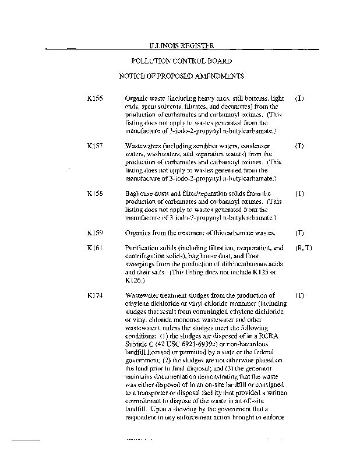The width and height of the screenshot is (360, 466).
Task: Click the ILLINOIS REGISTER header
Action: click(x=181, y=45)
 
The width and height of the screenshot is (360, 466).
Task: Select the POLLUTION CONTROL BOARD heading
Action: click(x=181, y=61)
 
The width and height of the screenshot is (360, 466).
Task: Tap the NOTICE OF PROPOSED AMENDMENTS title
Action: click(x=181, y=76)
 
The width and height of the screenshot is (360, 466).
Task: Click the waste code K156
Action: click(x=94, y=98)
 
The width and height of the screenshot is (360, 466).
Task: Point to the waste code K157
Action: click(x=94, y=144)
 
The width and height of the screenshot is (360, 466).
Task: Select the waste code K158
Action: click(x=94, y=193)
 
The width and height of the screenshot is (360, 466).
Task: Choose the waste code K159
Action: click(x=94, y=233)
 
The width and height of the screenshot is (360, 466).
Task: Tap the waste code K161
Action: click(x=94, y=248)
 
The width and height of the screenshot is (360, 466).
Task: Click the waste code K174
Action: click(x=94, y=295)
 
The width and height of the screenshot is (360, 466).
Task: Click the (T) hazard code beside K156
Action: click(x=299, y=98)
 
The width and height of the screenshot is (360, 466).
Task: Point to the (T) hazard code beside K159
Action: click(x=299, y=233)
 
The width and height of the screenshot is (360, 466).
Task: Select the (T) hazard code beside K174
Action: click(x=299, y=295)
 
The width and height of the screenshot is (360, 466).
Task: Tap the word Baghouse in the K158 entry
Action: click(x=139, y=193)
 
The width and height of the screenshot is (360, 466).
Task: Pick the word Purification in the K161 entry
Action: click(x=142, y=248)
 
